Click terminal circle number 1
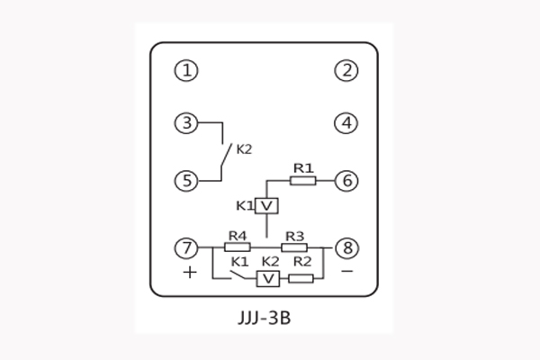click(x=186, y=70)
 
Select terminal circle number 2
click(x=346, y=70)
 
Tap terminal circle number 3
click(x=186, y=122)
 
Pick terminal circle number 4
click(x=346, y=122)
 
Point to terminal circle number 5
click(x=186, y=180)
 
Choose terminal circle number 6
click(x=346, y=180)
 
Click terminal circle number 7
click(x=186, y=247)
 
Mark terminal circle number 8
click(x=346, y=247)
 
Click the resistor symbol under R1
click(x=303, y=180)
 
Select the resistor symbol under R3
click(x=294, y=247)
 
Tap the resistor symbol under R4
click(x=237, y=247)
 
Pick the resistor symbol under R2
click(x=301, y=279)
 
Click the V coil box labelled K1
click(x=266, y=206)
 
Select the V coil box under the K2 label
click(x=267, y=279)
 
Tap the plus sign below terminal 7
click(x=189, y=271)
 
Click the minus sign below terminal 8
click(x=346, y=270)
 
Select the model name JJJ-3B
click(x=269, y=318)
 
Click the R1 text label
click(x=302, y=166)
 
